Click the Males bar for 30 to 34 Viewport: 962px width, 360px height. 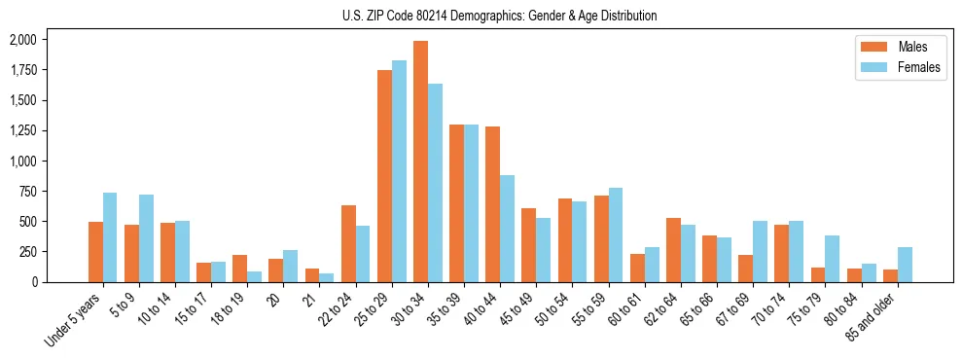[x=420, y=162]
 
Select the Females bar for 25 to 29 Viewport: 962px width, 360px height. [x=399, y=171]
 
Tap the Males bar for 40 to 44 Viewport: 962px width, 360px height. [x=492, y=204]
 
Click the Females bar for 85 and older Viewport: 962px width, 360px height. [x=905, y=265]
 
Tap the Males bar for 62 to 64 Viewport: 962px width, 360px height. [x=673, y=250]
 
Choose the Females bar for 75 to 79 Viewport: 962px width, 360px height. [x=832, y=259]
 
